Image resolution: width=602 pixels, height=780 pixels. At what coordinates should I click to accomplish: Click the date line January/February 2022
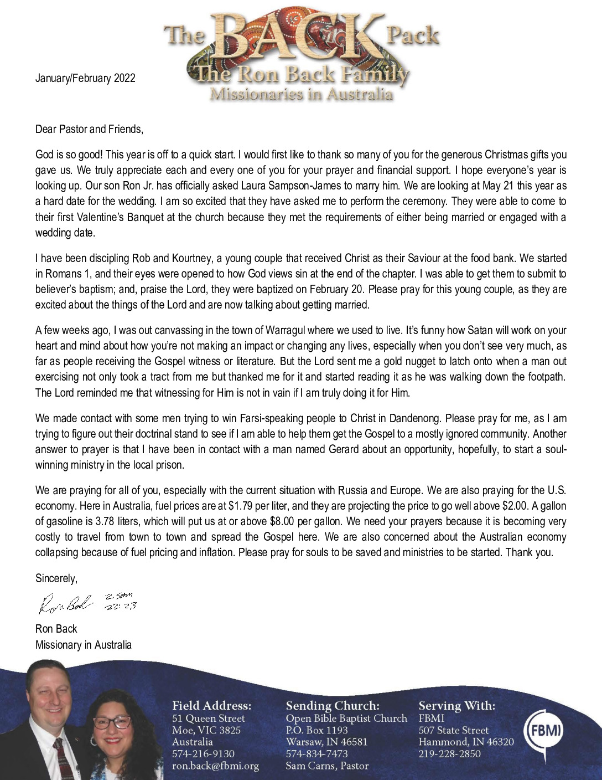pos(85,78)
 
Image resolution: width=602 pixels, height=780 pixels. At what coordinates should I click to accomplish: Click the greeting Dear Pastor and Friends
pos(89,129)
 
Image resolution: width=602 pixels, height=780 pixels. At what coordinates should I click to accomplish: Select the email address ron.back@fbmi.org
pos(215,766)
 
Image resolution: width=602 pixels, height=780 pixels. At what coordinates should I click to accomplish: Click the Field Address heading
pos(211,706)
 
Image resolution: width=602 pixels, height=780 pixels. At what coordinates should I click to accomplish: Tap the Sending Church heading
pos(333,706)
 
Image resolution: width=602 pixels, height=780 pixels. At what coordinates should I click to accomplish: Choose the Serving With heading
pos(456,706)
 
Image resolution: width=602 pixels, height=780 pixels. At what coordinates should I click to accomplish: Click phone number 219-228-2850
pos(449,754)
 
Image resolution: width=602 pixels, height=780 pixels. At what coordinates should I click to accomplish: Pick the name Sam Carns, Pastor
pos(326,766)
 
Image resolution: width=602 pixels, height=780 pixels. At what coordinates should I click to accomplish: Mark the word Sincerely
pos(56,578)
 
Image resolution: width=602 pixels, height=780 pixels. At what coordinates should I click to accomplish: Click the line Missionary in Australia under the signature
pos(84,645)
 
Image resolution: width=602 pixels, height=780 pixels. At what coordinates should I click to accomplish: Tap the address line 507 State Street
pos(453,730)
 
